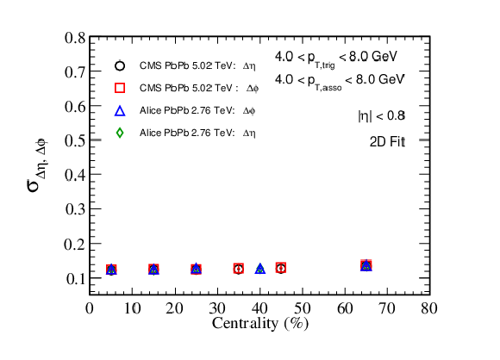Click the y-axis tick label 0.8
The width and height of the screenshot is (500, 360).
(x=75, y=38)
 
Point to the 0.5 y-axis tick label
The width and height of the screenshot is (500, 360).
(x=75, y=140)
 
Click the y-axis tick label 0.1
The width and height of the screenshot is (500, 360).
(x=76, y=279)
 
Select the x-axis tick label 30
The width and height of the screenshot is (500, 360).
(x=217, y=308)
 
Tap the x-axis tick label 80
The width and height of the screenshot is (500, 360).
(x=429, y=308)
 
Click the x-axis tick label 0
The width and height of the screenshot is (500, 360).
(x=90, y=308)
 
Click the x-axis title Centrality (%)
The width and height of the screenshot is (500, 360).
(x=260, y=324)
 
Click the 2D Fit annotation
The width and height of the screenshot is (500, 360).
(x=387, y=142)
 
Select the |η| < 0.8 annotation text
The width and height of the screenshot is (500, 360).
(x=381, y=115)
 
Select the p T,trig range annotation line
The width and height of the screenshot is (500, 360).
(x=336, y=59)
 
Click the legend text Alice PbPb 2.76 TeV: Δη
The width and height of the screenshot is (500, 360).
(x=197, y=133)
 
